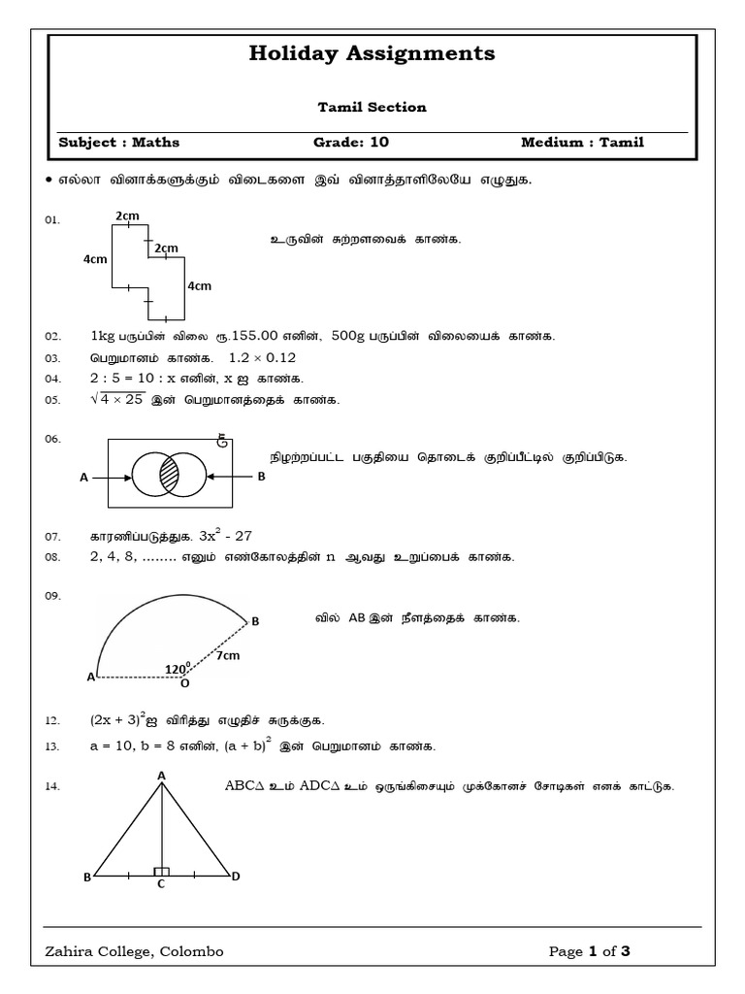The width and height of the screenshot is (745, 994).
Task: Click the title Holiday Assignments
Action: coord(372,54)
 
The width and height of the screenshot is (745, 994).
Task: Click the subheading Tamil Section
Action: coord(372,108)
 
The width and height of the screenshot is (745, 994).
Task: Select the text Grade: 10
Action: coord(350,143)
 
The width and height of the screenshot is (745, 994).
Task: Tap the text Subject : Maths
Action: coord(119,143)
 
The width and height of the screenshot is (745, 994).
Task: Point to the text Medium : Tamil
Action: coord(582,143)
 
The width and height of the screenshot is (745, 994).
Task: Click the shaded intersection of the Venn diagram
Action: coord(170,478)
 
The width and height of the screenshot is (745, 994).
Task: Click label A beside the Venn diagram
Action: coord(84,478)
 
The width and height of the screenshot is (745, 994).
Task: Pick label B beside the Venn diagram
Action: coord(260,477)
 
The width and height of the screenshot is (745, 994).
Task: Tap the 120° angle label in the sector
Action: coord(177,669)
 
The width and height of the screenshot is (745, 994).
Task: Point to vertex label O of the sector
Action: coord(184,683)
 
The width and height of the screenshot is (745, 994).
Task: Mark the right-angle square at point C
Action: coord(161,872)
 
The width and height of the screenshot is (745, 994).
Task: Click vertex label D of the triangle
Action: coord(235,877)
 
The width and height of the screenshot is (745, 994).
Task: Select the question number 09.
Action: coord(52,596)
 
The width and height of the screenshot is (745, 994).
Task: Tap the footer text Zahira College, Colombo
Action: coord(134,951)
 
